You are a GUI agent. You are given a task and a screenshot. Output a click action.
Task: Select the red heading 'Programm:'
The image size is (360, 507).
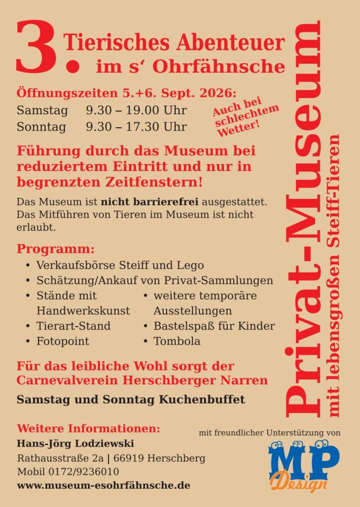point(55,248)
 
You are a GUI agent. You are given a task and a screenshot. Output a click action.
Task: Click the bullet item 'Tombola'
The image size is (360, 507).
point(177,341)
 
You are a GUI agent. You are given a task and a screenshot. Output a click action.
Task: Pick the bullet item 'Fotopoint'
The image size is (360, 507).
point(63,341)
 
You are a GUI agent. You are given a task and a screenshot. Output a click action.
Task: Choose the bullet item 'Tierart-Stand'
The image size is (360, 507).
point(73,326)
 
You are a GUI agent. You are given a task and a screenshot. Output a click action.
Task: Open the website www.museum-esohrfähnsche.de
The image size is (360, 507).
point(103,486)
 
